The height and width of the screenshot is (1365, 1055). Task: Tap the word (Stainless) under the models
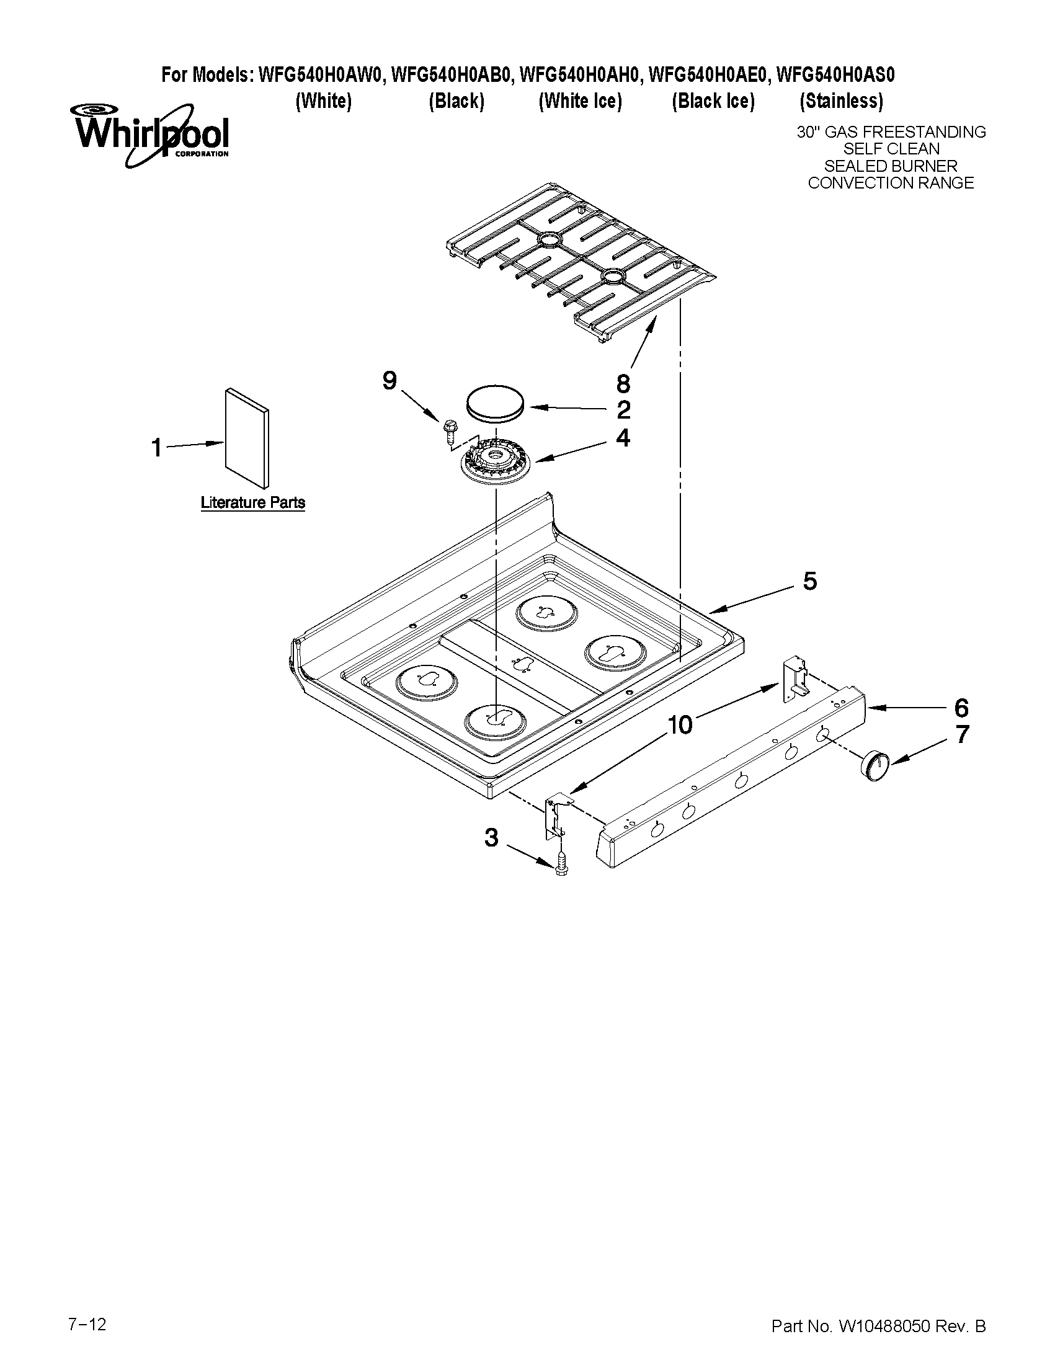point(841,100)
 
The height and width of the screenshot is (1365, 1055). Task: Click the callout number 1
point(157,448)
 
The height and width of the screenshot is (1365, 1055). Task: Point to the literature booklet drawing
point(247,438)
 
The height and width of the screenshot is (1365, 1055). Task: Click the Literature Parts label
point(252,502)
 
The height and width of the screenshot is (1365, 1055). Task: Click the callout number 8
point(623,383)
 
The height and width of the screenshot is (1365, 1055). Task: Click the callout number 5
point(809,581)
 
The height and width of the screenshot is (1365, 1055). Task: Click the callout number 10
point(680,726)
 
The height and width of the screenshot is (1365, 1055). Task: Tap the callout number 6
point(961,708)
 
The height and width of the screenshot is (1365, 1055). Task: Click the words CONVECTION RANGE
point(891,183)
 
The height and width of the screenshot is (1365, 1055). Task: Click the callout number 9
point(390,380)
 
